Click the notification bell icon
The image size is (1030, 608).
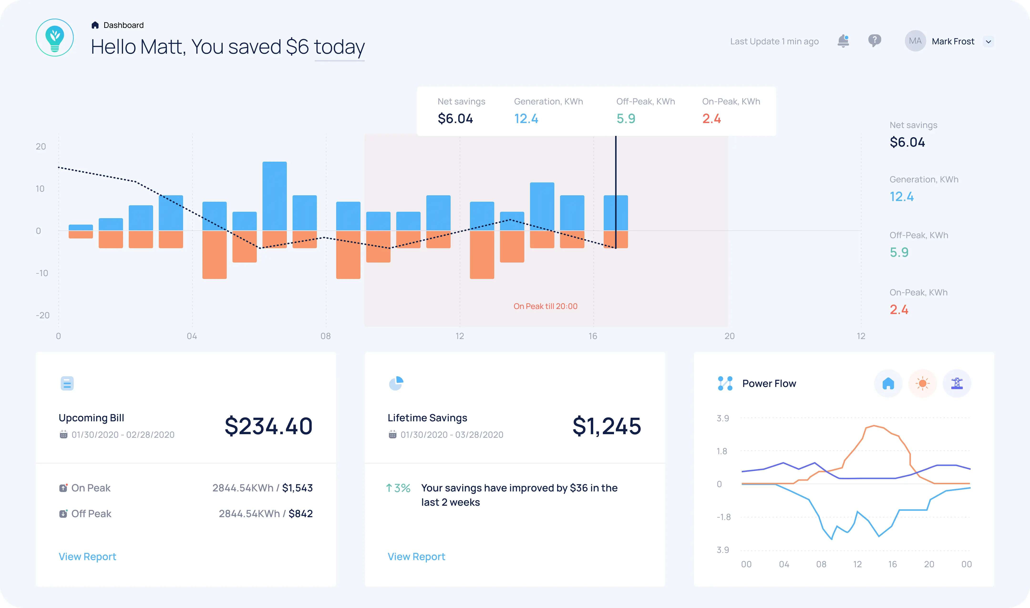(843, 41)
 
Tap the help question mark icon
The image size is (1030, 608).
(874, 41)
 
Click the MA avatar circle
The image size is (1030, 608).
(915, 41)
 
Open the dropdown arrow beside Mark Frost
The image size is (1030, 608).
(988, 42)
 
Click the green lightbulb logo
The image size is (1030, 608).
(55, 38)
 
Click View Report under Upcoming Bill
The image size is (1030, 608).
(87, 556)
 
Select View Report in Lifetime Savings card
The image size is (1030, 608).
(416, 556)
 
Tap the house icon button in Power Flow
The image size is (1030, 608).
(888, 383)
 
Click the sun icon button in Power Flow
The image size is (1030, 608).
(922, 383)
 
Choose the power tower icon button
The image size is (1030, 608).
(957, 383)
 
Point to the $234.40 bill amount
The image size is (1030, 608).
(268, 426)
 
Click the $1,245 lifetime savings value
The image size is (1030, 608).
(606, 426)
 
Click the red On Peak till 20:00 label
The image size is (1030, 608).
(545, 306)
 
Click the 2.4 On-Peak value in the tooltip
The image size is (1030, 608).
(711, 119)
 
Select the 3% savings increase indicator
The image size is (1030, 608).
(398, 488)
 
